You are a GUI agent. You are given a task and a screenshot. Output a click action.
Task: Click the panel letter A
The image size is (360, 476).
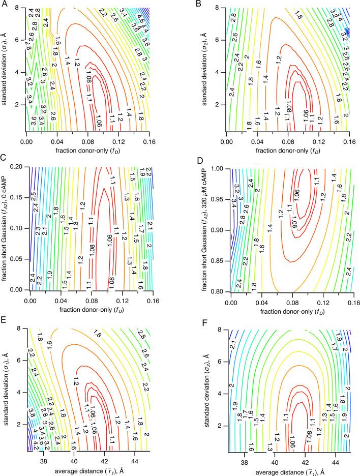4,4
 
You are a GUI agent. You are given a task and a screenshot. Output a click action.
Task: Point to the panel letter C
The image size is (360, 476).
4,162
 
